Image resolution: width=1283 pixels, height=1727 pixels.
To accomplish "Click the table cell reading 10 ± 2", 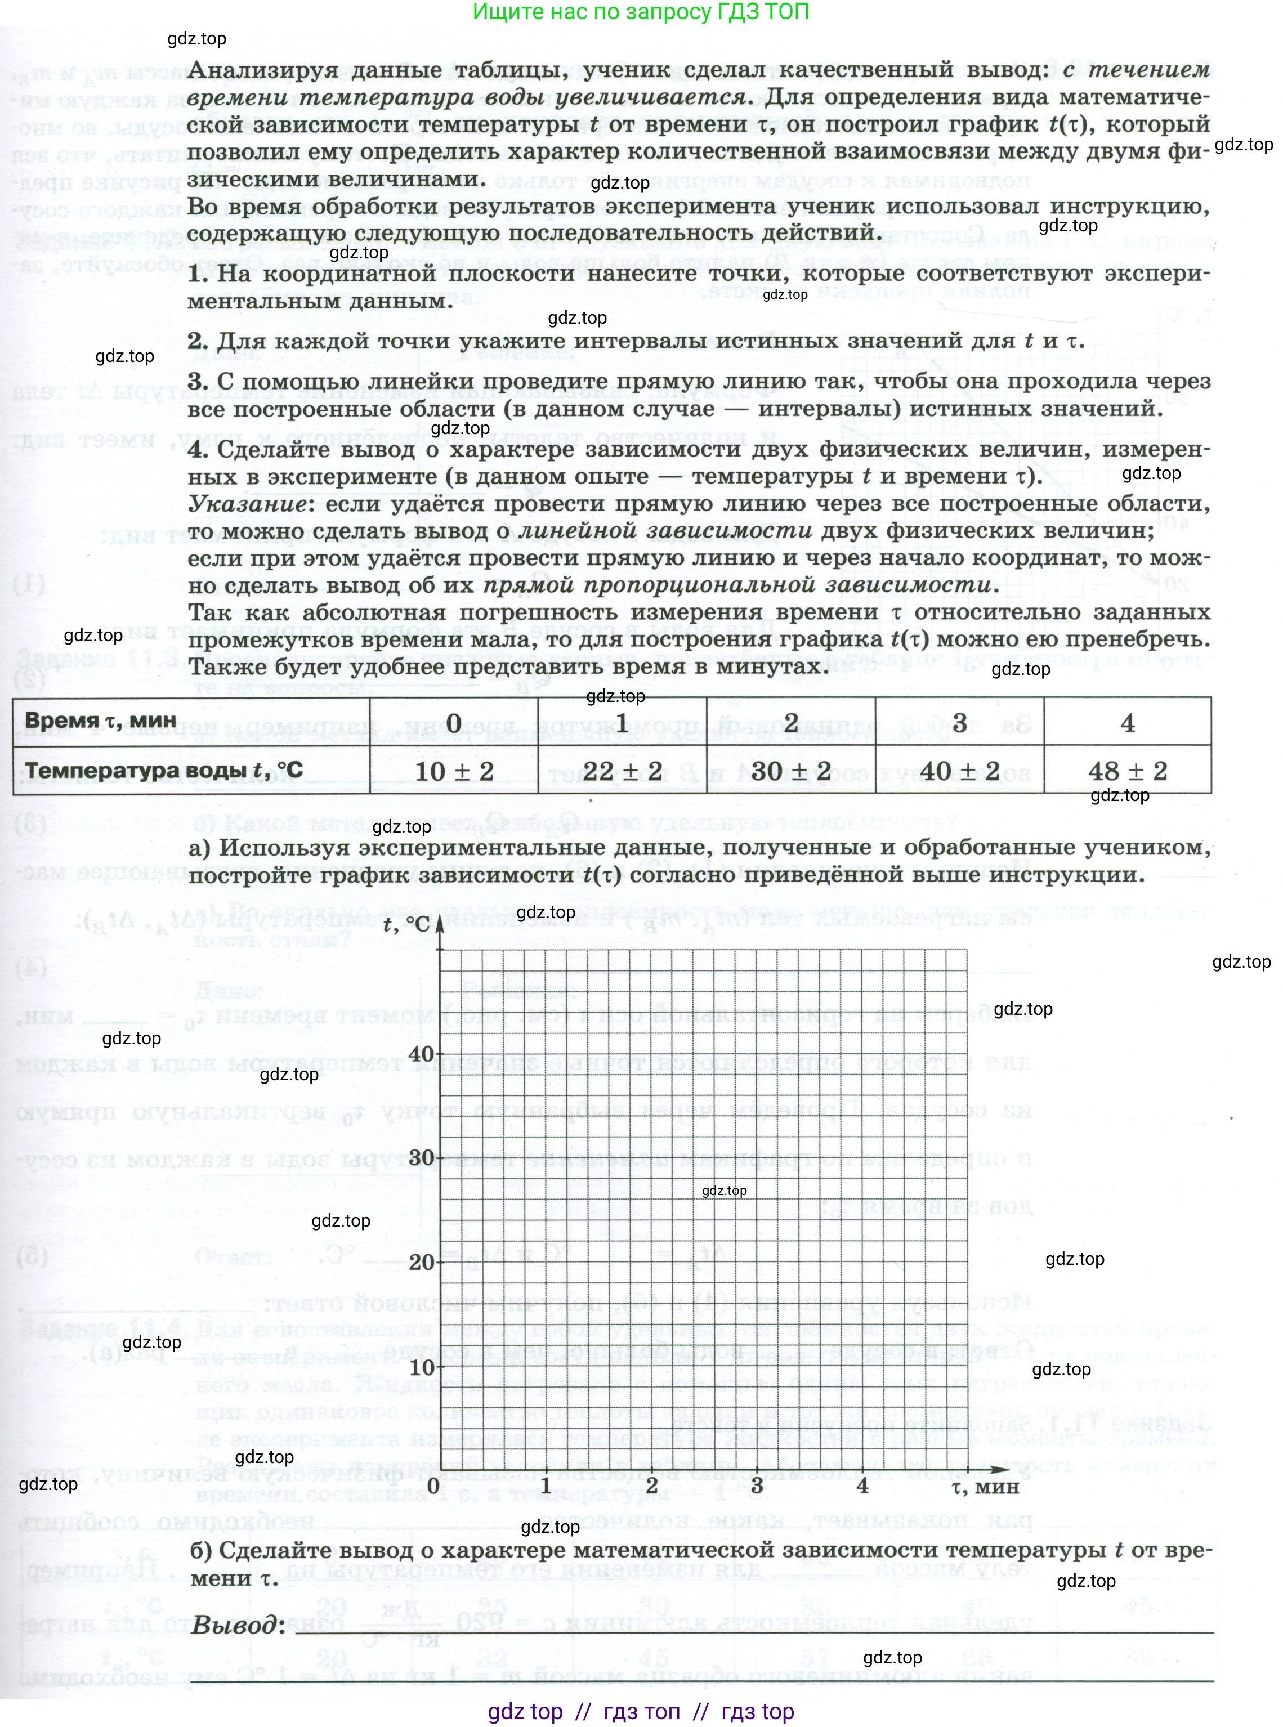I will pos(454,771).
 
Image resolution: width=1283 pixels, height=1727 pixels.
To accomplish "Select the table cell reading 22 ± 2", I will pos(622,771).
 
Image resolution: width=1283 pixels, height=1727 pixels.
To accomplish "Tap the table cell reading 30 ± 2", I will pos(790,771).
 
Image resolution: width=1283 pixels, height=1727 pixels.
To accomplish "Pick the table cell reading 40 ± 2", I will pos(959,771).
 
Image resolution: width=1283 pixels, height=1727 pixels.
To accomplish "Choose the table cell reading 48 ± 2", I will pos(1128,771).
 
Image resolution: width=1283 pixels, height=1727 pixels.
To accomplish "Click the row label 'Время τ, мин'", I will pos(101,720).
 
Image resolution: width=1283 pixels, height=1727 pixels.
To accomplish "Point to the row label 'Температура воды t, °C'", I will pos(164,771).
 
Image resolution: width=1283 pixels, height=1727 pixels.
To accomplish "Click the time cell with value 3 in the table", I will pos(959,723).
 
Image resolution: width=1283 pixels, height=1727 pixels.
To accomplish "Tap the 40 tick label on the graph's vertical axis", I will pos(422,1054).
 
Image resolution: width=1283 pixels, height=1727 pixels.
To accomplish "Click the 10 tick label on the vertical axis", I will pos(422,1367).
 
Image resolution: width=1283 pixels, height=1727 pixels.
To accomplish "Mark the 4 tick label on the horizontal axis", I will pos(862,1485).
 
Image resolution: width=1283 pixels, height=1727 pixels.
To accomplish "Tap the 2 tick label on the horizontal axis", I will pos(651,1485).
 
